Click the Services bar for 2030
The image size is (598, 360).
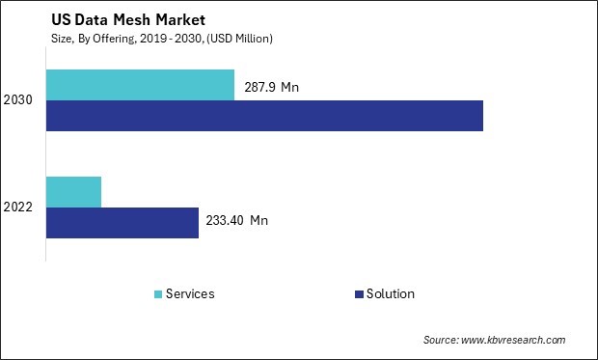tap(140, 85)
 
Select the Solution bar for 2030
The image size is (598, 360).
tap(264, 116)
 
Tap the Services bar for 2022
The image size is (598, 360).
tap(73, 192)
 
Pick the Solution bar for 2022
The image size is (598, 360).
tap(122, 223)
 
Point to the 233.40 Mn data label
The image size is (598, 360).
tap(236, 221)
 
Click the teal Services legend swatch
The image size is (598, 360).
tap(157, 294)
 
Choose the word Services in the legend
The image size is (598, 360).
tap(190, 294)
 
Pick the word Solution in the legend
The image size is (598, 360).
tap(390, 294)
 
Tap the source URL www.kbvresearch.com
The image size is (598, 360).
tap(515, 340)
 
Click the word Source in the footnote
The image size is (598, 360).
tap(443, 340)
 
